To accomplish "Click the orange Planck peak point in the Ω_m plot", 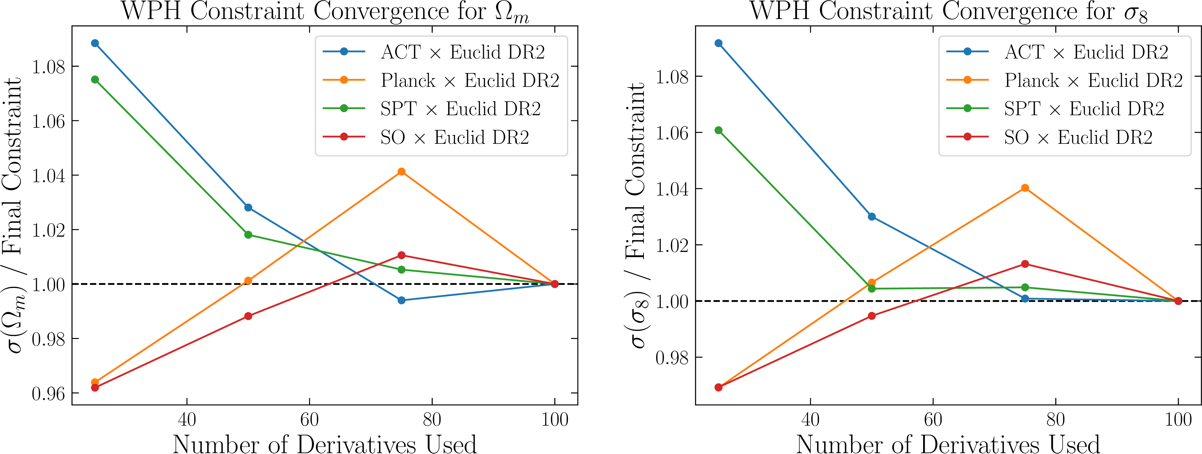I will pos(401,172).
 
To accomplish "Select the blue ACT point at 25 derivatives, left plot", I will pos(95,43).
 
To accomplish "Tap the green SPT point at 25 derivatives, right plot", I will pos(719,130).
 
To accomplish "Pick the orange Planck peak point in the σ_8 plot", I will pos(1025,188).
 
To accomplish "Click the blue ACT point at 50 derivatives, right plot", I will pos(872,217).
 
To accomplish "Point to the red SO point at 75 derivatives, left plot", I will pos(401,255).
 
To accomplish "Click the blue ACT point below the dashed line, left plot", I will pos(401,300).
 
